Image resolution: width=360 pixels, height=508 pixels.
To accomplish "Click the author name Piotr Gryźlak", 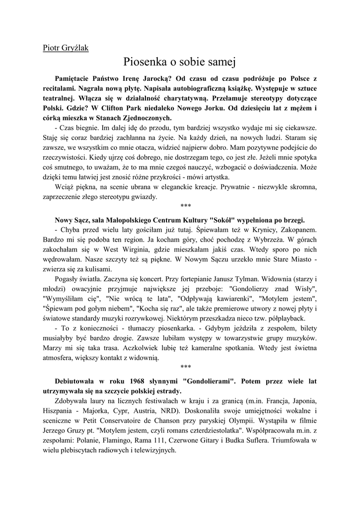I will [x=64, y=49].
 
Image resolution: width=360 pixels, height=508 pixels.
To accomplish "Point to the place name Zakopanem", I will [x=297, y=230].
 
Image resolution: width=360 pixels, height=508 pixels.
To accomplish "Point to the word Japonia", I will [x=302, y=401].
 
